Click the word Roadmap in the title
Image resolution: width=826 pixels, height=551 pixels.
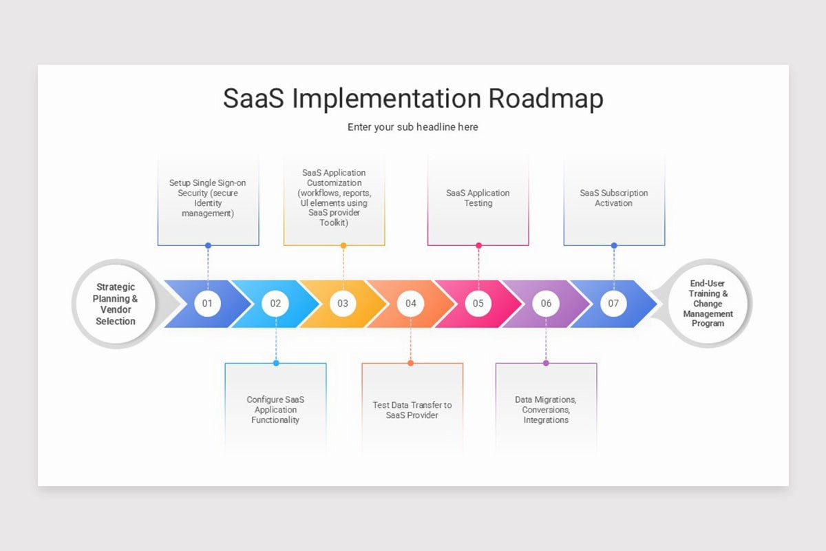pos(546,98)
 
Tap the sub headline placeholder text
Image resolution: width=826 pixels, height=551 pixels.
pos(412,127)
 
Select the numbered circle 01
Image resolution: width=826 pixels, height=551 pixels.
pos(207,303)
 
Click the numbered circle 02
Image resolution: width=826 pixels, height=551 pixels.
pos(275,303)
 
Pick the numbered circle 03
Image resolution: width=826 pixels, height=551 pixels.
pos(343,303)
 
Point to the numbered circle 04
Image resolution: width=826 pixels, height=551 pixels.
pos(411,303)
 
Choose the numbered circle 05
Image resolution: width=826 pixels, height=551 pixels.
pos(478,303)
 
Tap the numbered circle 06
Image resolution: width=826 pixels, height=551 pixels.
pos(546,303)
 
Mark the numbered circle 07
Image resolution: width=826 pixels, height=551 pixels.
pos(614,303)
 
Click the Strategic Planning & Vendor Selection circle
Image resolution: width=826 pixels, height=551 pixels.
pos(116,304)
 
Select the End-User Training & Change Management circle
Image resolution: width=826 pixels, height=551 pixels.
pos(708,303)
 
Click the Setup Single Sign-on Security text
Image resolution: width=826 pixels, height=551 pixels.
pos(208,198)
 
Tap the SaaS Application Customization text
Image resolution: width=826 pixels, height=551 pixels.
pos(334,198)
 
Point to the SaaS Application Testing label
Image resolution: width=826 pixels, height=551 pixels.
pos(478,198)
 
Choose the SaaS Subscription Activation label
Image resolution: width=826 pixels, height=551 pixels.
pos(614,198)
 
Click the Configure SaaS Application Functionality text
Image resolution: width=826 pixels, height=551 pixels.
pos(275,409)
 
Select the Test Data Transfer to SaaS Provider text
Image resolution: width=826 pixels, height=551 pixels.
pos(412,410)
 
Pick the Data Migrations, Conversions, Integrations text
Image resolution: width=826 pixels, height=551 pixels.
pos(546,409)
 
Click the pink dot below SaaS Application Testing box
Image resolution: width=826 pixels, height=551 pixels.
pos(478,245)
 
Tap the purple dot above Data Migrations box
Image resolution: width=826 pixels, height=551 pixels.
pos(546,362)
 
